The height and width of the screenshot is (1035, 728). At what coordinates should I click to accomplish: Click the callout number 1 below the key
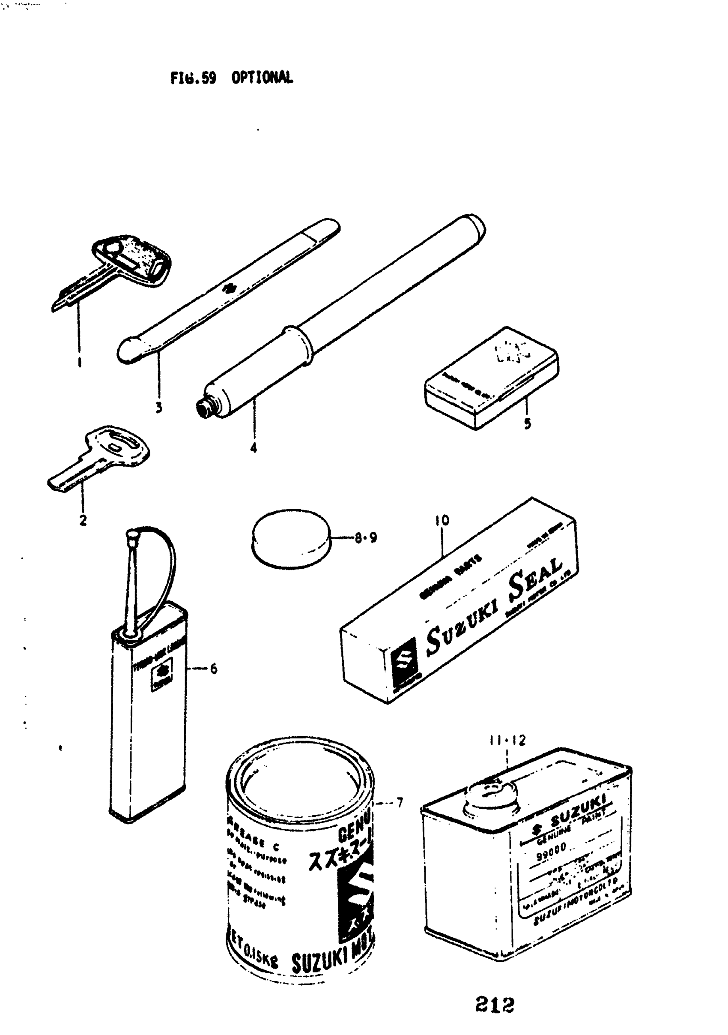(79, 362)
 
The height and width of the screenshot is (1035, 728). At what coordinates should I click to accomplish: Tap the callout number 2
(83, 520)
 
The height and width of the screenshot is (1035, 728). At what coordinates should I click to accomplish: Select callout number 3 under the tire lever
(158, 408)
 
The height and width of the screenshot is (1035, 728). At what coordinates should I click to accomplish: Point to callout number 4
(254, 447)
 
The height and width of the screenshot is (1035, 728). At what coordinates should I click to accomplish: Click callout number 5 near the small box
(528, 423)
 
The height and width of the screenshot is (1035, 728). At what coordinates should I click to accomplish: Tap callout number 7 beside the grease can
(399, 803)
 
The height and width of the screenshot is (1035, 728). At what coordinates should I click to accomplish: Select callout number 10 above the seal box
(442, 521)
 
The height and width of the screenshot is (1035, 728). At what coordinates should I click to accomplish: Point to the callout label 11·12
(507, 741)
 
